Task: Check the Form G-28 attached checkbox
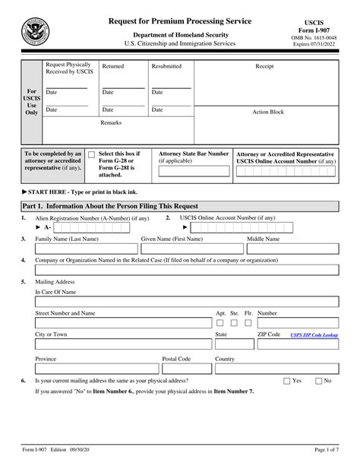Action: click(92, 154)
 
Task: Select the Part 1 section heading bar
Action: click(180, 205)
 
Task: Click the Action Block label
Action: click(268, 112)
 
